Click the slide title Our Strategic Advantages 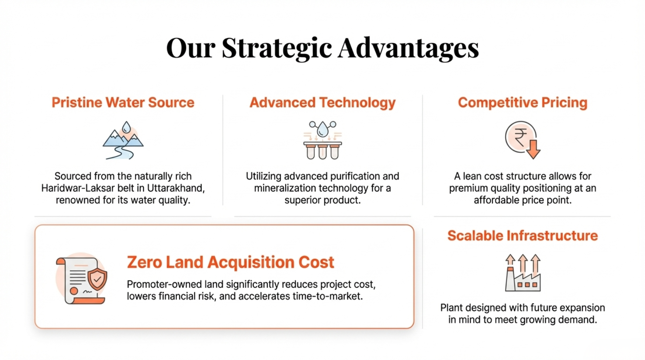click(x=322, y=48)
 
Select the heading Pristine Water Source click(x=123, y=102)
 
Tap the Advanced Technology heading click(x=322, y=103)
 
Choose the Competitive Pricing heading click(x=523, y=103)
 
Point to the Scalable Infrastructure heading click(x=523, y=236)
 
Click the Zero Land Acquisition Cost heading click(x=230, y=262)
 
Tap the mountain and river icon click(x=123, y=140)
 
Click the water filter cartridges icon click(x=322, y=140)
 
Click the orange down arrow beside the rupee click(x=533, y=149)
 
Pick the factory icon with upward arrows click(x=523, y=272)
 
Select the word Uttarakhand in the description click(x=176, y=188)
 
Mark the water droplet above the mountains click(x=127, y=127)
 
